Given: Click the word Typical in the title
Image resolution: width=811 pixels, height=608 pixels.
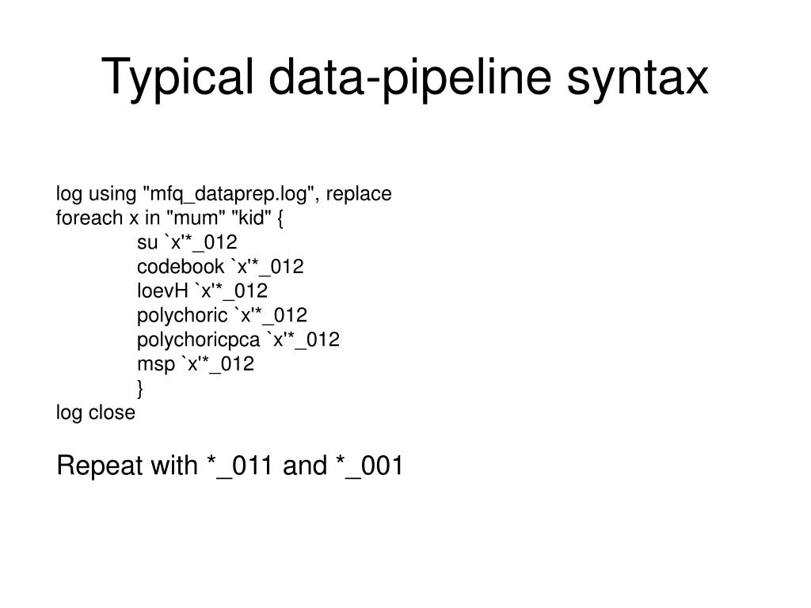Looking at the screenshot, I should coord(177,78).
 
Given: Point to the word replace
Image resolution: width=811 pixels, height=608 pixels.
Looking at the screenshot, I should coord(359,194).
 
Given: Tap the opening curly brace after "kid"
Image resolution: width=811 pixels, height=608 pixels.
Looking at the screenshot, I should coord(280,218).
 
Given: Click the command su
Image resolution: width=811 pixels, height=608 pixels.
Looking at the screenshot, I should coord(147,242).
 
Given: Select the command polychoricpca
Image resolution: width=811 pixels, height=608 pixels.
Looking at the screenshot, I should coord(199,340).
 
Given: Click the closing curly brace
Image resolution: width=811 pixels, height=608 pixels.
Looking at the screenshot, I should coord(140,389).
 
